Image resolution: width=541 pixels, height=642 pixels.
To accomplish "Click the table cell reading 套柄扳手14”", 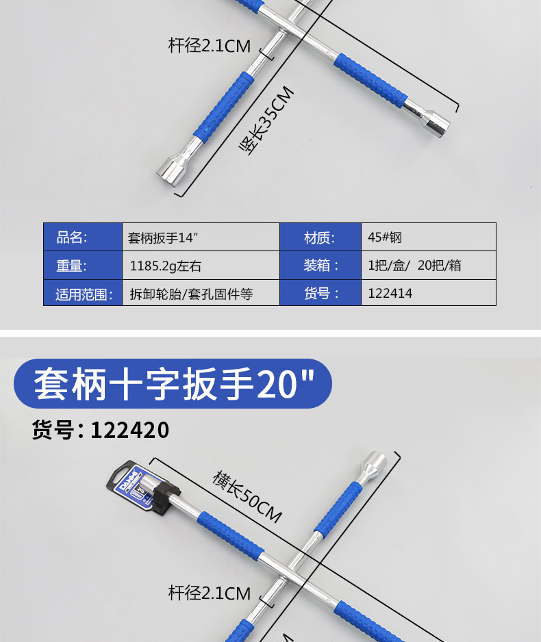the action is pyautogui.click(x=201, y=237).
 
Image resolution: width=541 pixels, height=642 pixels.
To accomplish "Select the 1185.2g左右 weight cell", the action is pyautogui.click(x=201, y=266).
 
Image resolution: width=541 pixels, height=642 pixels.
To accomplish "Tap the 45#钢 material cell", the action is pyautogui.click(x=429, y=237).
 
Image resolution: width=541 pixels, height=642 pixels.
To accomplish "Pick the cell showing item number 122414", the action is pyautogui.click(x=429, y=293).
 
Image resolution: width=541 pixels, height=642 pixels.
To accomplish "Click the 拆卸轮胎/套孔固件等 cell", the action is pyautogui.click(x=201, y=293).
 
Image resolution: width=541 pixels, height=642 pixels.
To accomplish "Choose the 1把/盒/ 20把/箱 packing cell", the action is pyautogui.click(x=429, y=266).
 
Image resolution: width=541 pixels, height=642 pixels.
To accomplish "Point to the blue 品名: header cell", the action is pyautogui.click(x=83, y=237).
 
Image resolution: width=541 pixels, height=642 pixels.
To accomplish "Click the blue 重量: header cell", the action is pyautogui.click(x=83, y=266).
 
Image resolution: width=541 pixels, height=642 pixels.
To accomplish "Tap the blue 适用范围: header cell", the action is pyautogui.click(x=83, y=293).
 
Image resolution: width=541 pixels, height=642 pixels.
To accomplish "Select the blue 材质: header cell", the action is pyautogui.click(x=320, y=237).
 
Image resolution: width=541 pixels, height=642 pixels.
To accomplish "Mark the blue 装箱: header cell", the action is pyautogui.click(x=320, y=266).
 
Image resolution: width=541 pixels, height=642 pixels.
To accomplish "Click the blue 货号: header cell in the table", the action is pyautogui.click(x=320, y=293).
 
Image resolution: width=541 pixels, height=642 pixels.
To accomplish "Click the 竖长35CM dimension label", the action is pyautogui.click(x=266, y=120).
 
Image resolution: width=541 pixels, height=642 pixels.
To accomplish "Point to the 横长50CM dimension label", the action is pyautogui.click(x=247, y=496).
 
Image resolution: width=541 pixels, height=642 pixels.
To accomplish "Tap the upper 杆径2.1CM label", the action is pyautogui.click(x=210, y=45).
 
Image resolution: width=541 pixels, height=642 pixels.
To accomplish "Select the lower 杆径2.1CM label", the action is pyautogui.click(x=210, y=593).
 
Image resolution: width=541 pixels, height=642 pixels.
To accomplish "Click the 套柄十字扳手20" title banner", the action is pyautogui.click(x=173, y=384).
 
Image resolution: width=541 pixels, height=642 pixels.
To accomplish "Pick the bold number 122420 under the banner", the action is pyautogui.click(x=130, y=430).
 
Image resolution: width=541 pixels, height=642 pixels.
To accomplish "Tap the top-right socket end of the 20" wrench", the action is pyautogui.click(x=375, y=464).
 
